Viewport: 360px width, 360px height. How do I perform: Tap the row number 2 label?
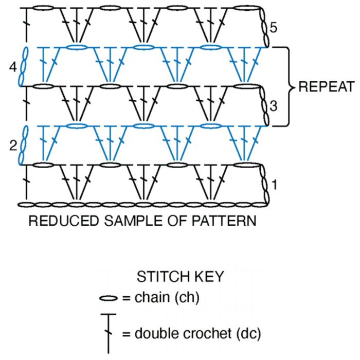pos(13,146)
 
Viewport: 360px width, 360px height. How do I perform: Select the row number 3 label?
pos(274,106)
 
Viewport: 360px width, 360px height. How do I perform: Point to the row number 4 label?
pos(13,66)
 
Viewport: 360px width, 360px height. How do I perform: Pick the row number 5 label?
pos(274,27)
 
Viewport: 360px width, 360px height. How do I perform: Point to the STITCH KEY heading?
pos(180,277)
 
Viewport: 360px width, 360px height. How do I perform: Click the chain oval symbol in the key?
pos(109,298)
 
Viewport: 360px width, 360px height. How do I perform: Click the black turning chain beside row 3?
pos(264,106)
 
